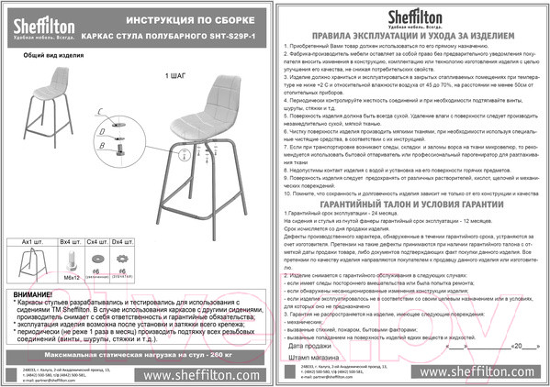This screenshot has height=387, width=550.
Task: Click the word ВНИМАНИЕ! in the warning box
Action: pyautogui.click(x=35, y=292)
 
